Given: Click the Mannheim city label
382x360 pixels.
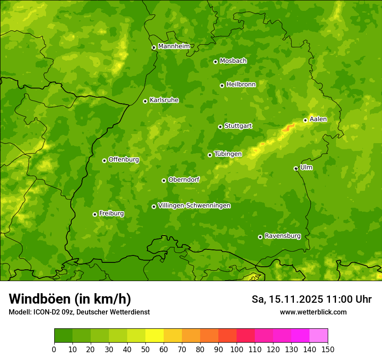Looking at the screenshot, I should click(174, 46).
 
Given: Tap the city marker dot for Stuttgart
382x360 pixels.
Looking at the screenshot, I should click(220, 127).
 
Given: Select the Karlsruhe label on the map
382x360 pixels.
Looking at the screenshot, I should click(164, 100).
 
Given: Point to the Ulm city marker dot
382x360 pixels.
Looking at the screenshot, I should click(296, 168).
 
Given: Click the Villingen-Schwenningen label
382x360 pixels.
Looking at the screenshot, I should click(194, 206).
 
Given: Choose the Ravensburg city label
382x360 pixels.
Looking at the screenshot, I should click(282, 236).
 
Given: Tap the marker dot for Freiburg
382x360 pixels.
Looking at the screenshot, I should click(95, 214).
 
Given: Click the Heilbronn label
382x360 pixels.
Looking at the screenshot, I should click(241, 85).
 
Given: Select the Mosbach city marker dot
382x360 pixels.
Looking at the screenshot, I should click(215, 62).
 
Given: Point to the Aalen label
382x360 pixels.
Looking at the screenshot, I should click(318, 119).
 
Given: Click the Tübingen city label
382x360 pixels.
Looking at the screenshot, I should click(228, 154).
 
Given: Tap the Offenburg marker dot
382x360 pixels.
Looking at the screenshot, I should click(104, 160).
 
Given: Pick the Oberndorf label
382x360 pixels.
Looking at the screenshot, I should click(184, 180).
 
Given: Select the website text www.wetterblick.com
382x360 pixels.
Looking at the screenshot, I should click(313, 312).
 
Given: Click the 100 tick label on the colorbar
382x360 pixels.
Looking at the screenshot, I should click(237, 349).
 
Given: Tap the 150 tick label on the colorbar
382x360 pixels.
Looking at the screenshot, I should click(328, 349).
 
